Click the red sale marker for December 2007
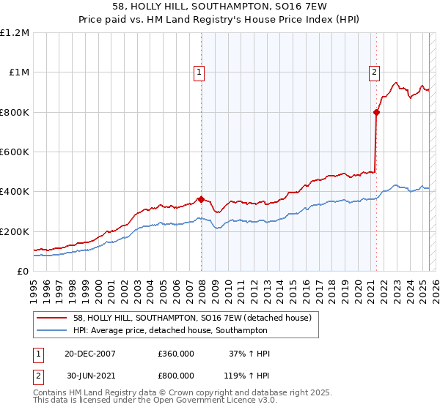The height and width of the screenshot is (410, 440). pos(201,200)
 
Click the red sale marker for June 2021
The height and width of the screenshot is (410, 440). pos(376,112)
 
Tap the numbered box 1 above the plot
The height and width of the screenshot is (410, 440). pos(199,72)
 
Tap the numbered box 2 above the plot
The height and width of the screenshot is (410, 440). pos(374,72)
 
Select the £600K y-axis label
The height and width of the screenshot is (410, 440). pos(15,152)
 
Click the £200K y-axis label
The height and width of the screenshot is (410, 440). pos(15,231)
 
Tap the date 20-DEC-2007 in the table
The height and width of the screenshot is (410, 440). pos(90,354)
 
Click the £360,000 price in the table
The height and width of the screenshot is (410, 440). pos(176,354)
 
